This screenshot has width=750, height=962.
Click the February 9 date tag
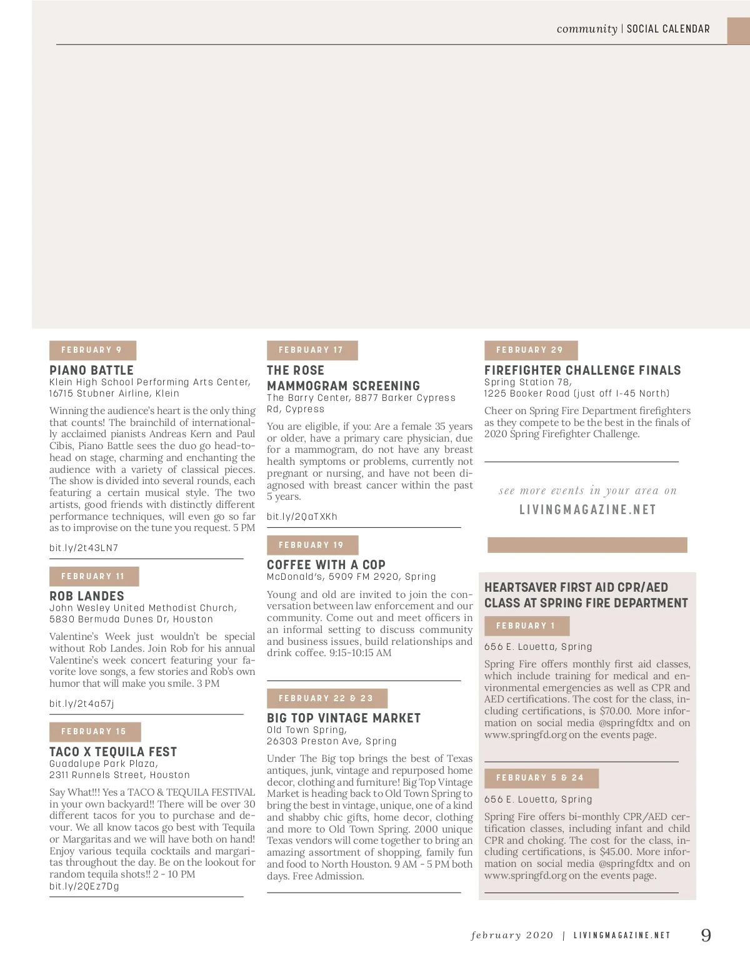(x=92, y=350)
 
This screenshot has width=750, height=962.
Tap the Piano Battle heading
(x=91, y=370)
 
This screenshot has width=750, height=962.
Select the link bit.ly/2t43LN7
(x=84, y=548)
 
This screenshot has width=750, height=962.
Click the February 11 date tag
(x=94, y=576)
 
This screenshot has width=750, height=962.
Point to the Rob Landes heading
(x=87, y=596)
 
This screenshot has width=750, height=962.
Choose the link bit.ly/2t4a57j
(x=82, y=704)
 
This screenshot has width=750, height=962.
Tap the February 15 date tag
(x=94, y=731)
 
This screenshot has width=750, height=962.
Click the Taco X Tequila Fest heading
(x=113, y=752)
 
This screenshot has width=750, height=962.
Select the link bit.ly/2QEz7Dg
(x=84, y=886)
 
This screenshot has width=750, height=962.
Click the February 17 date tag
(x=312, y=350)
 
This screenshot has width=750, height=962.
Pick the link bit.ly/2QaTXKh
(x=302, y=517)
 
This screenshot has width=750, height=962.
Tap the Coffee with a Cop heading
(x=326, y=565)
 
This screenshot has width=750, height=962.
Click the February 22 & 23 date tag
(x=327, y=698)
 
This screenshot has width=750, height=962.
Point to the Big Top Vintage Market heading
(x=344, y=718)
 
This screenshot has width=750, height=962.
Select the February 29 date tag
(x=531, y=350)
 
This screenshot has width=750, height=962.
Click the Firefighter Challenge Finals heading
(x=582, y=370)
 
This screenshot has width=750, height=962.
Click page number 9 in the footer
(x=706, y=935)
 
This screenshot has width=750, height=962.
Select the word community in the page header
(x=587, y=29)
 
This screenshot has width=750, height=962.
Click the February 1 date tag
(x=526, y=625)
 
